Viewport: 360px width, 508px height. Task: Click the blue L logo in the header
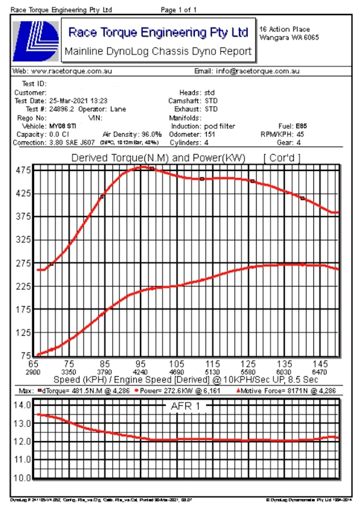pos(36,41)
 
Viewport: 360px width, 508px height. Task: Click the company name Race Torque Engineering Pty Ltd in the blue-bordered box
pos(158,32)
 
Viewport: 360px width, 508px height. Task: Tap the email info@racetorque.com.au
pos(257,72)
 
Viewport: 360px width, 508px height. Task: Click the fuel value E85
pos(301,126)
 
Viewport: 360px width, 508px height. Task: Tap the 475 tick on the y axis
pos(23,170)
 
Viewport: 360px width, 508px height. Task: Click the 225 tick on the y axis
pos(23,286)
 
